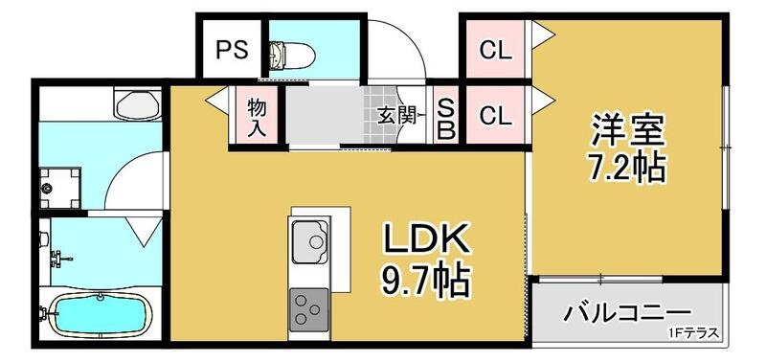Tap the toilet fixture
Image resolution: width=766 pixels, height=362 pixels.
pos(283,54)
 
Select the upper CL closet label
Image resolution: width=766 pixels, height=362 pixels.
pos(496,51)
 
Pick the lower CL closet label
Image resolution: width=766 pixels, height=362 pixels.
pos(496,117)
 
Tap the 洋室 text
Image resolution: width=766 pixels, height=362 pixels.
pos(627,130)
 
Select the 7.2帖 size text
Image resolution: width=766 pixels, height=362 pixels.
pos(627,168)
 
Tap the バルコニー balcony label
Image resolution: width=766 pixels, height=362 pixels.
pos(627,313)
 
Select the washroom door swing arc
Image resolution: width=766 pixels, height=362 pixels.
pos(129,177)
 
